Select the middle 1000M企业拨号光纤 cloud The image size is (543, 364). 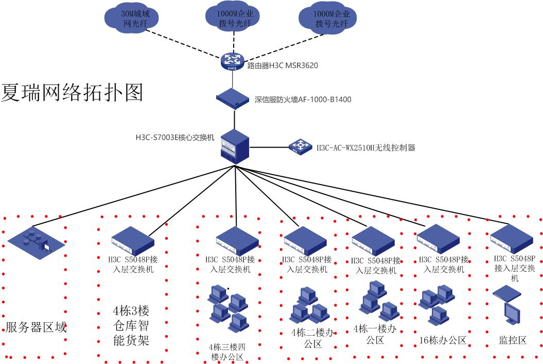(234, 17)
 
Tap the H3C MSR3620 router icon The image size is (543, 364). (233, 61)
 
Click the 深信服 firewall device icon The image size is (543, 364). (234, 98)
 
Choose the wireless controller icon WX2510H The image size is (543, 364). (300, 146)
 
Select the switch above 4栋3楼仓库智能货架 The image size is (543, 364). (133, 240)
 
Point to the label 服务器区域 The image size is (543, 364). (36, 327)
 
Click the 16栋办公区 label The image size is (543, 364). (443, 340)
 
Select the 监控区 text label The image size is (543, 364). (513, 340)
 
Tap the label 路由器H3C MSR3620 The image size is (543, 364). (283, 65)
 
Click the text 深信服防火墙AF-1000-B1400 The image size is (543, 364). (303, 99)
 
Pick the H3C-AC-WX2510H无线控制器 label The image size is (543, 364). (365, 147)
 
